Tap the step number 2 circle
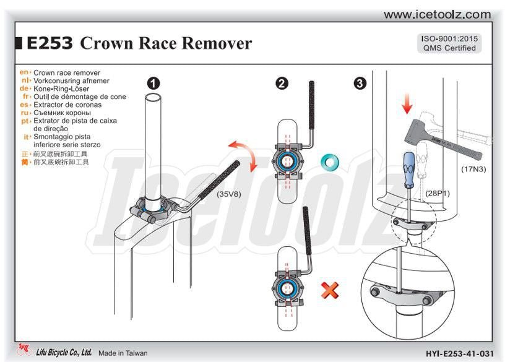point(282,83)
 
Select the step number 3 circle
point(360,83)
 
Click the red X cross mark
point(330,289)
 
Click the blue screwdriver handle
point(409,165)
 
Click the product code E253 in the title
point(50,43)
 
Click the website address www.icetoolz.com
point(437,14)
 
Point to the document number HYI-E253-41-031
point(460,353)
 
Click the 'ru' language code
point(26,113)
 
